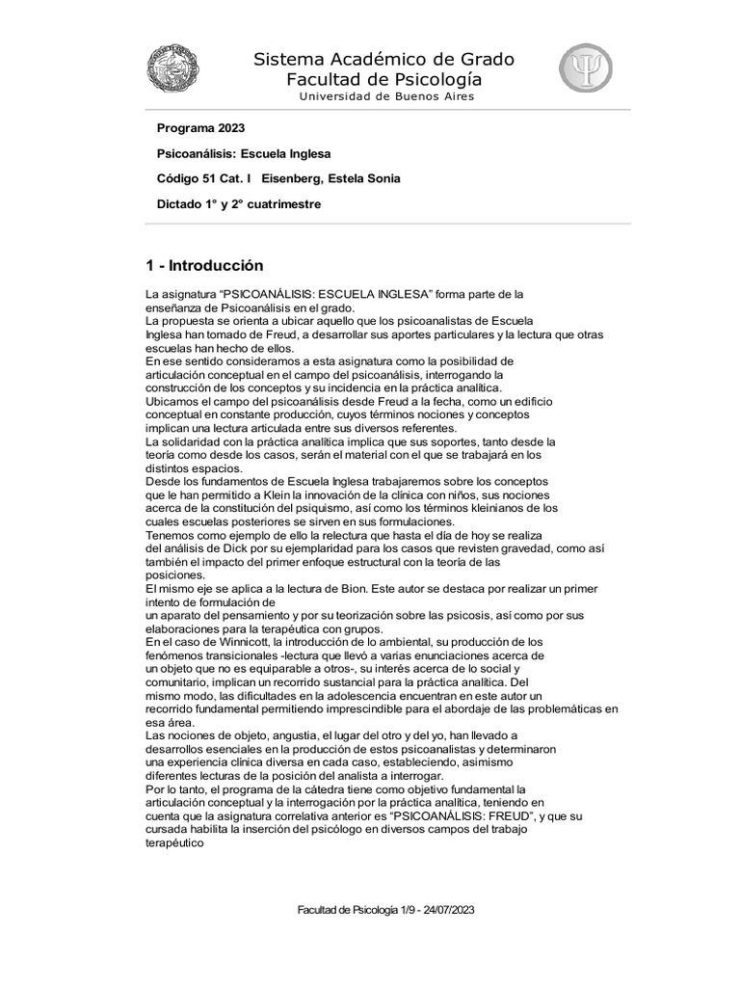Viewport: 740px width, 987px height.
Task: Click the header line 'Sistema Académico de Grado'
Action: [384, 60]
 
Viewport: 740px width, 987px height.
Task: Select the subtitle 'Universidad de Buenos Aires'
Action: [386, 96]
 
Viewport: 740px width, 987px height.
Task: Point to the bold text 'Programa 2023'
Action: [200, 128]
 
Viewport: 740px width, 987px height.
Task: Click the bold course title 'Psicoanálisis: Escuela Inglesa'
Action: [244, 153]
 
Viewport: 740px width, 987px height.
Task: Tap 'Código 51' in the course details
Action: [188, 178]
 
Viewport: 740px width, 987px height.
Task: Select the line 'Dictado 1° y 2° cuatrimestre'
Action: [239, 203]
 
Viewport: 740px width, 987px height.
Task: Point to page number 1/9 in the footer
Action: [404, 909]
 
